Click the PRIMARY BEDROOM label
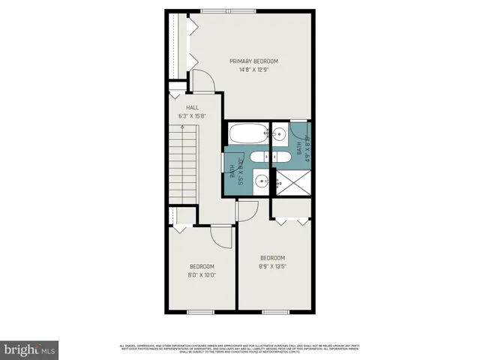tap(253, 61)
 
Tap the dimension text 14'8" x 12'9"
tap(253, 70)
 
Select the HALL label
tap(192, 107)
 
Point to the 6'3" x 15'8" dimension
tap(192, 116)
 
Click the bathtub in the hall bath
tap(247, 135)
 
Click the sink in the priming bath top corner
tap(279, 135)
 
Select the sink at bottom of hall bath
tap(260, 180)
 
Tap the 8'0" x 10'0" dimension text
tap(202, 274)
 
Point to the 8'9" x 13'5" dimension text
tap(273, 265)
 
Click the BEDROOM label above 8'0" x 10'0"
tap(202, 266)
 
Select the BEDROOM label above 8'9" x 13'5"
tap(273, 256)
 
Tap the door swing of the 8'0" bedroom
tap(221, 238)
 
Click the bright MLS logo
tap(29, 349)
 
